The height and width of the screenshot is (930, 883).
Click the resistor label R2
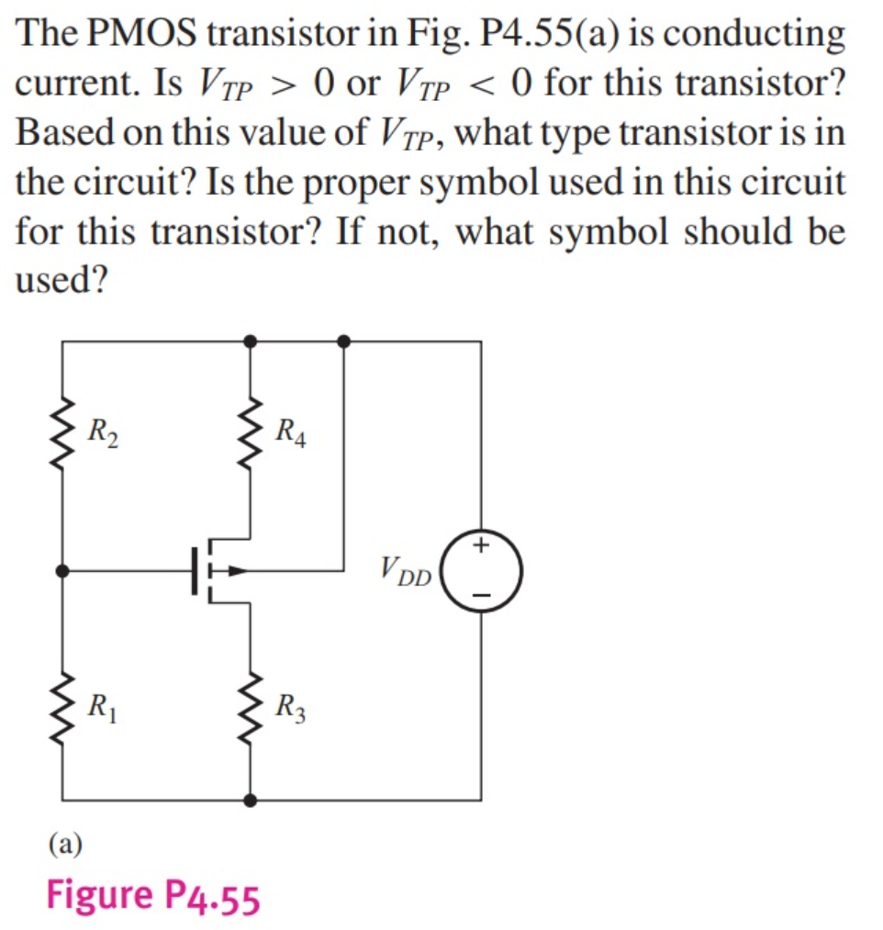103,430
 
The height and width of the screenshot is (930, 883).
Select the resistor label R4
291,430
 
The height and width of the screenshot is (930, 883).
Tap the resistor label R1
102,708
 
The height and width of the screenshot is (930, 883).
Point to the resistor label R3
291,708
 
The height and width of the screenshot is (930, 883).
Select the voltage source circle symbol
483,570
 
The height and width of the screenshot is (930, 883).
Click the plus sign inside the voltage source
483,547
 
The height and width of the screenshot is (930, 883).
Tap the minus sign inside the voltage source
483,595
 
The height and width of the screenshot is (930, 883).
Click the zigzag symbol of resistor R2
62,430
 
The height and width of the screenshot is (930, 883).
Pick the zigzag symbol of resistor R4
251,430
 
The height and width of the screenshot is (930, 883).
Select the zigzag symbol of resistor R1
62,708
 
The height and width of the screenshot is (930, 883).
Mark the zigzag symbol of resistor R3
251,708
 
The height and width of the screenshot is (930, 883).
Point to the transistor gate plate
195,571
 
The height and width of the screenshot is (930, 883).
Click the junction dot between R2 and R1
62,571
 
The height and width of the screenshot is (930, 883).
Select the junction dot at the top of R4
251,341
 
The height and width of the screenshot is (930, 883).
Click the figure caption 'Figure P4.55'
153,896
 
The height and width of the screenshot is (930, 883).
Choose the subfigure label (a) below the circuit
65,843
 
